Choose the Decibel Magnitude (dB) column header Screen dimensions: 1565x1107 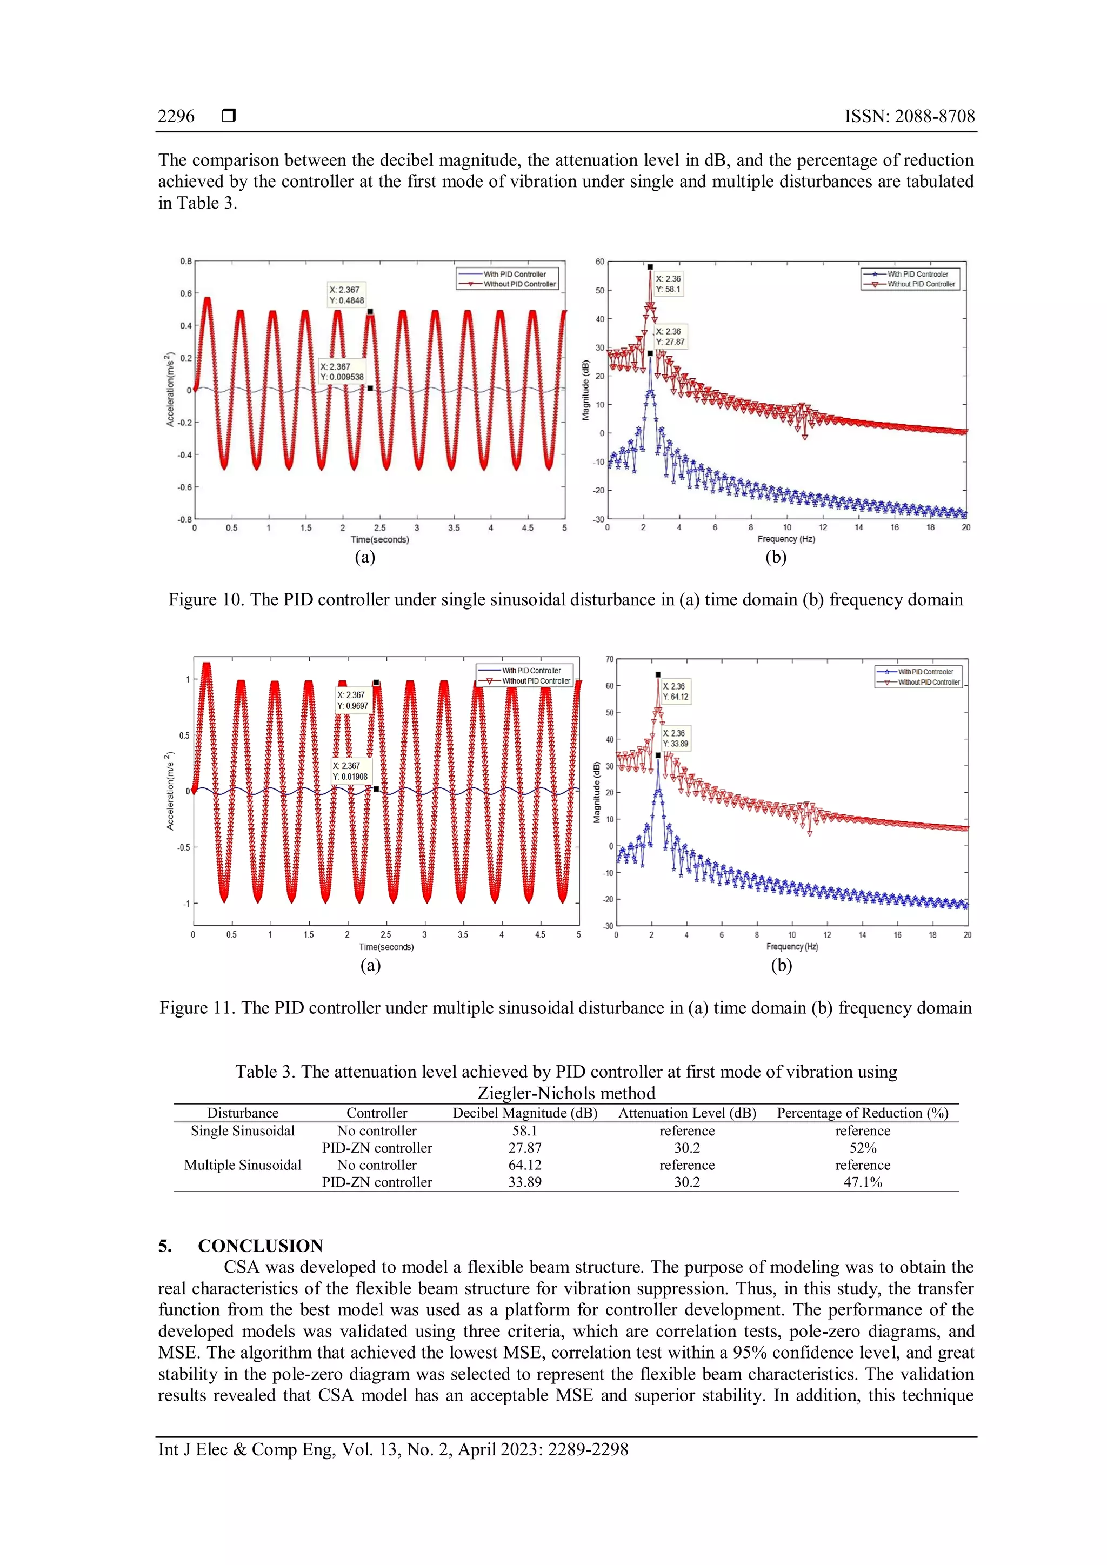point(525,1113)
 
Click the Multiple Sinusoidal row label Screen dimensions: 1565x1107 point(243,1165)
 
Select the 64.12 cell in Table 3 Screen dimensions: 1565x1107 point(525,1165)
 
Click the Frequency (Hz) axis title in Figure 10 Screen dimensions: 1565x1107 point(786,539)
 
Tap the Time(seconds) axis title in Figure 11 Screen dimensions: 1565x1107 point(386,947)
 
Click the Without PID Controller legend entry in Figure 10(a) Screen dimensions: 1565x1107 point(519,284)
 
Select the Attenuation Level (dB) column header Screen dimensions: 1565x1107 point(687,1113)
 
